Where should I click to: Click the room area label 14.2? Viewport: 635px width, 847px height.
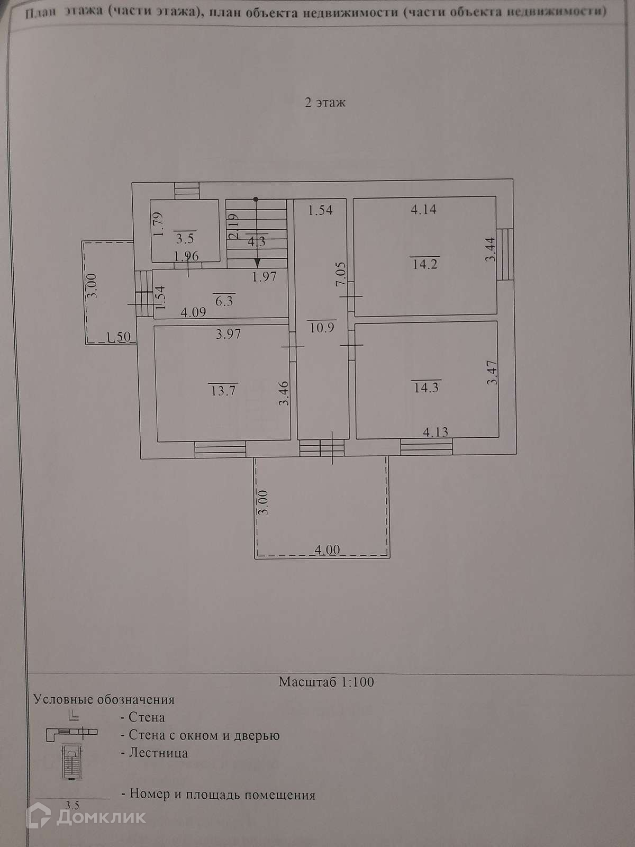click(425, 263)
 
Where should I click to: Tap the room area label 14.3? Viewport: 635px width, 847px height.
click(426, 387)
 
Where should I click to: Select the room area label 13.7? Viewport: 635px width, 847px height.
click(223, 391)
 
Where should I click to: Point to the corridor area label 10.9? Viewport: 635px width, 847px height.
click(322, 327)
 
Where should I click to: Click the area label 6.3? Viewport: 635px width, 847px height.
click(224, 301)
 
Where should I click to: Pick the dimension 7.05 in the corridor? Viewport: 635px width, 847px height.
click(341, 275)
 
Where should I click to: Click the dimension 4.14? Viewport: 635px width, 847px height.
click(423, 209)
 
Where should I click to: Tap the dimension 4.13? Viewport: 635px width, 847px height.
click(436, 432)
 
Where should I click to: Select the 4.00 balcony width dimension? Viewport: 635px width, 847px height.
click(328, 550)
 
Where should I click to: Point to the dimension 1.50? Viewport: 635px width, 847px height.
click(119, 337)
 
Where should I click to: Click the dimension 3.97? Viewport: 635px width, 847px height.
click(228, 334)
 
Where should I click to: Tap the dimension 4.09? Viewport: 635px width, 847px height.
click(193, 312)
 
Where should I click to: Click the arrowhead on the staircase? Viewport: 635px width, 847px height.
click(257, 262)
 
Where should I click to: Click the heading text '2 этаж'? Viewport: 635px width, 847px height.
click(325, 102)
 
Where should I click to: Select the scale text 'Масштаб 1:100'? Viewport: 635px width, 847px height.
click(326, 682)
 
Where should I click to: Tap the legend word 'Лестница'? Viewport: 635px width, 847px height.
click(158, 753)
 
